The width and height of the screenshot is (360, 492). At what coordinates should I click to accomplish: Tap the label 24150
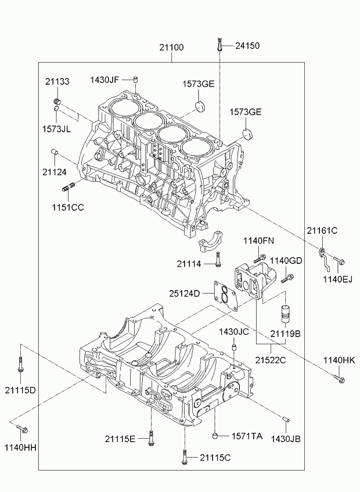[x=247, y=45]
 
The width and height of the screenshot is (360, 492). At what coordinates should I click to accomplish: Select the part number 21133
[x=57, y=82]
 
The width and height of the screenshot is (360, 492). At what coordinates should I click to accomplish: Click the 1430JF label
[x=105, y=79]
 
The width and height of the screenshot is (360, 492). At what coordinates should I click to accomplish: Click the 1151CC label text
[x=69, y=207]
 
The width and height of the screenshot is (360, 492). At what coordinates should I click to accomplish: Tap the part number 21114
[x=189, y=264]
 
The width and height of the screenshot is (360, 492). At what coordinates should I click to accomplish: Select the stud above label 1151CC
[x=66, y=187]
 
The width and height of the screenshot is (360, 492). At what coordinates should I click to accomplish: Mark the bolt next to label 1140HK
[x=339, y=379]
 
